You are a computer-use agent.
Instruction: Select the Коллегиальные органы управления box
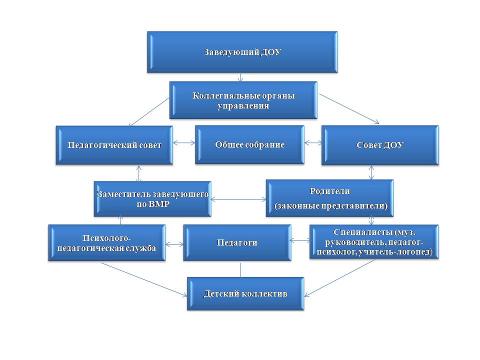click(243, 100)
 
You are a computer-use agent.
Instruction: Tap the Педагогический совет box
click(114, 145)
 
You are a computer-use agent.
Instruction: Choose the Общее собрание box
click(249, 144)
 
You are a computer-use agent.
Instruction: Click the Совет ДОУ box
click(380, 145)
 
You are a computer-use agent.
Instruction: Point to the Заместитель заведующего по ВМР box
click(152, 198)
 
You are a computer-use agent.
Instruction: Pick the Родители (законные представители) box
click(330, 198)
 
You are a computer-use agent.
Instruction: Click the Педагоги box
click(237, 242)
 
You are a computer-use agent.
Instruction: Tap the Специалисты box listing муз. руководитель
click(374, 241)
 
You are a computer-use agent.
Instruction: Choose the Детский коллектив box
click(245, 293)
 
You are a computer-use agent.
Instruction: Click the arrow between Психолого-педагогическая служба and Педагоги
click(174, 244)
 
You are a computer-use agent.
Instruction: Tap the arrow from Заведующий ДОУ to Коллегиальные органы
click(241, 77)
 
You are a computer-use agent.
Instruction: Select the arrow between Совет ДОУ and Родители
click(371, 172)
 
